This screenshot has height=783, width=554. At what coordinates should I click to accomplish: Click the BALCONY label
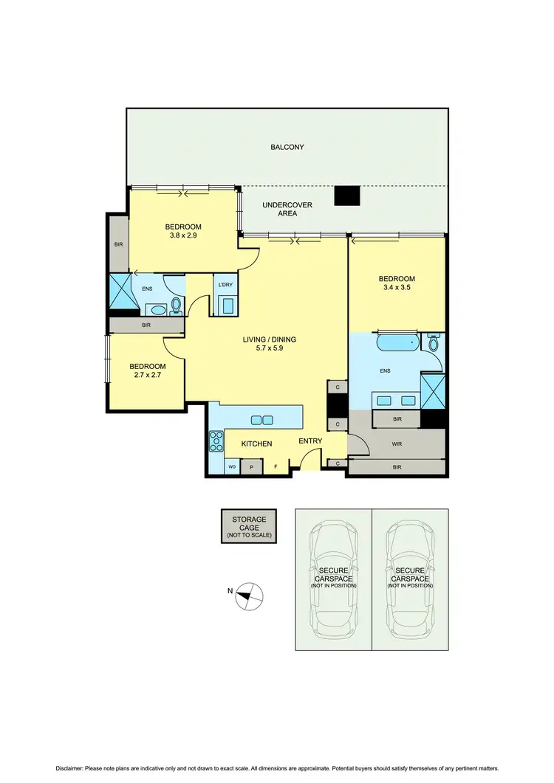click(x=287, y=147)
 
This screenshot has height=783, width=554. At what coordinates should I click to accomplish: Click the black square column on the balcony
click(x=346, y=195)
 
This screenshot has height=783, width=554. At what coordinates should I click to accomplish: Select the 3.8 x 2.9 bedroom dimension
click(x=183, y=236)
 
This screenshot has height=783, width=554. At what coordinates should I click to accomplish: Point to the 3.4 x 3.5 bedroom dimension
click(x=397, y=289)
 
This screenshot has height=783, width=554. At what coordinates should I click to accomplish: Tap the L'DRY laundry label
click(x=224, y=285)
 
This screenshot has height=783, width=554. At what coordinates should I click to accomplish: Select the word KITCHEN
click(x=257, y=444)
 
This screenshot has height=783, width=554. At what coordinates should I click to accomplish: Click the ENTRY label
click(x=310, y=441)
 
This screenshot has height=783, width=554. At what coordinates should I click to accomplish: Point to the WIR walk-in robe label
click(x=397, y=444)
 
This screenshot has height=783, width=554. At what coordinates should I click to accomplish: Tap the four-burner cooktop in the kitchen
click(x=217, y=441)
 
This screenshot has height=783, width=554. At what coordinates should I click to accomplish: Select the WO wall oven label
click(x=231, y=467)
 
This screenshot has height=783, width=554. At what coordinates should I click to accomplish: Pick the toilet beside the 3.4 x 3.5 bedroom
click(x=433, y=343)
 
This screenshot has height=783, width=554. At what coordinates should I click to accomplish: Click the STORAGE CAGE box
click(x=249, y=526)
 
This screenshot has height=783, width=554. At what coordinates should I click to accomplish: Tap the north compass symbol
click(x=249, y=595)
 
